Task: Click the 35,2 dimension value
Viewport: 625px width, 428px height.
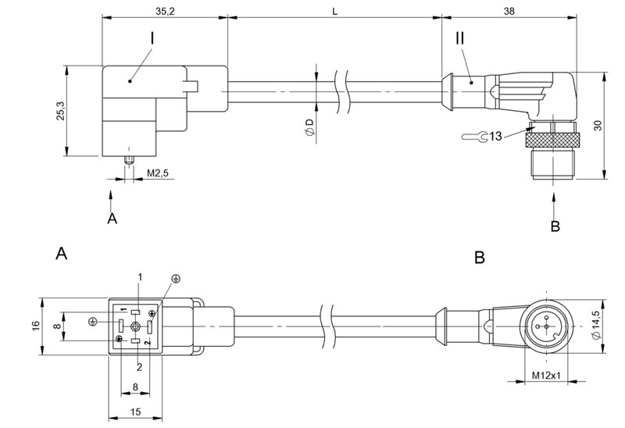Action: [165, 12]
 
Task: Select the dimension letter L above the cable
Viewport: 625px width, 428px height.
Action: [335, 12]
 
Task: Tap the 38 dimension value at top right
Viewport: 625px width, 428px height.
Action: [509, 12]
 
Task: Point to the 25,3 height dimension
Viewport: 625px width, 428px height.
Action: [60, 111]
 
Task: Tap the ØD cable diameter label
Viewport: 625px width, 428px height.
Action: [310, 129]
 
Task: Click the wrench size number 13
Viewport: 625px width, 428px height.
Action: [497, 137]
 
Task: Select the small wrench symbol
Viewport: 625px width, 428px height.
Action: [473, 137]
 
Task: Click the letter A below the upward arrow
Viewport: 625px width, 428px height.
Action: [112, 219]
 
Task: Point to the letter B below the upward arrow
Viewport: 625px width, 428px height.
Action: [555, 227]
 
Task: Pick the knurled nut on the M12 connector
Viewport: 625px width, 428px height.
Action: [552, 140]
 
